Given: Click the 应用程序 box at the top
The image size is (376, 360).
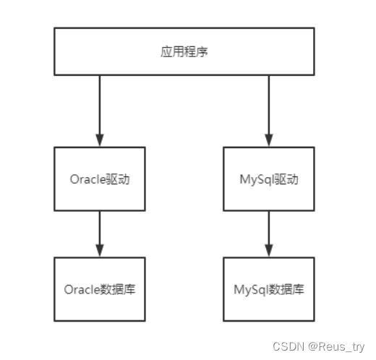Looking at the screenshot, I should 184,52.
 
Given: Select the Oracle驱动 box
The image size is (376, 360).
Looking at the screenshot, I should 100,179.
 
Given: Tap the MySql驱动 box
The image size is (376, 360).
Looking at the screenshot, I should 268,179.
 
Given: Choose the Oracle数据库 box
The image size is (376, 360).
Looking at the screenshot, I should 100,289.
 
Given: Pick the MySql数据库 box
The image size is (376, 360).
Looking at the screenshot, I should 268,289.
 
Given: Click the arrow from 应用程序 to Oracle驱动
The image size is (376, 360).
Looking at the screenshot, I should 100,108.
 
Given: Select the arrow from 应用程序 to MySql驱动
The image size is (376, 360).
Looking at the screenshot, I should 269,108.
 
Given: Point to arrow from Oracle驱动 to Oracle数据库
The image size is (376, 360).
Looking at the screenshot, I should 100,233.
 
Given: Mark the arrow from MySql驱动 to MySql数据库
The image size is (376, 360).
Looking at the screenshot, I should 269,233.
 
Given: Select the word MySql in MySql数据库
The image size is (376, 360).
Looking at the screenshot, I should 250,289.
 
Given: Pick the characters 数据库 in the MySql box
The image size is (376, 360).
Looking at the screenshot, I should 286,289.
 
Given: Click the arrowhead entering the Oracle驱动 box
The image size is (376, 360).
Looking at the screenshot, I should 100,141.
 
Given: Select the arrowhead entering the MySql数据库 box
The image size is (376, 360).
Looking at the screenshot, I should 269,251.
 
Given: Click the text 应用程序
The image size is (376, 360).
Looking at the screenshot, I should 184,52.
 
